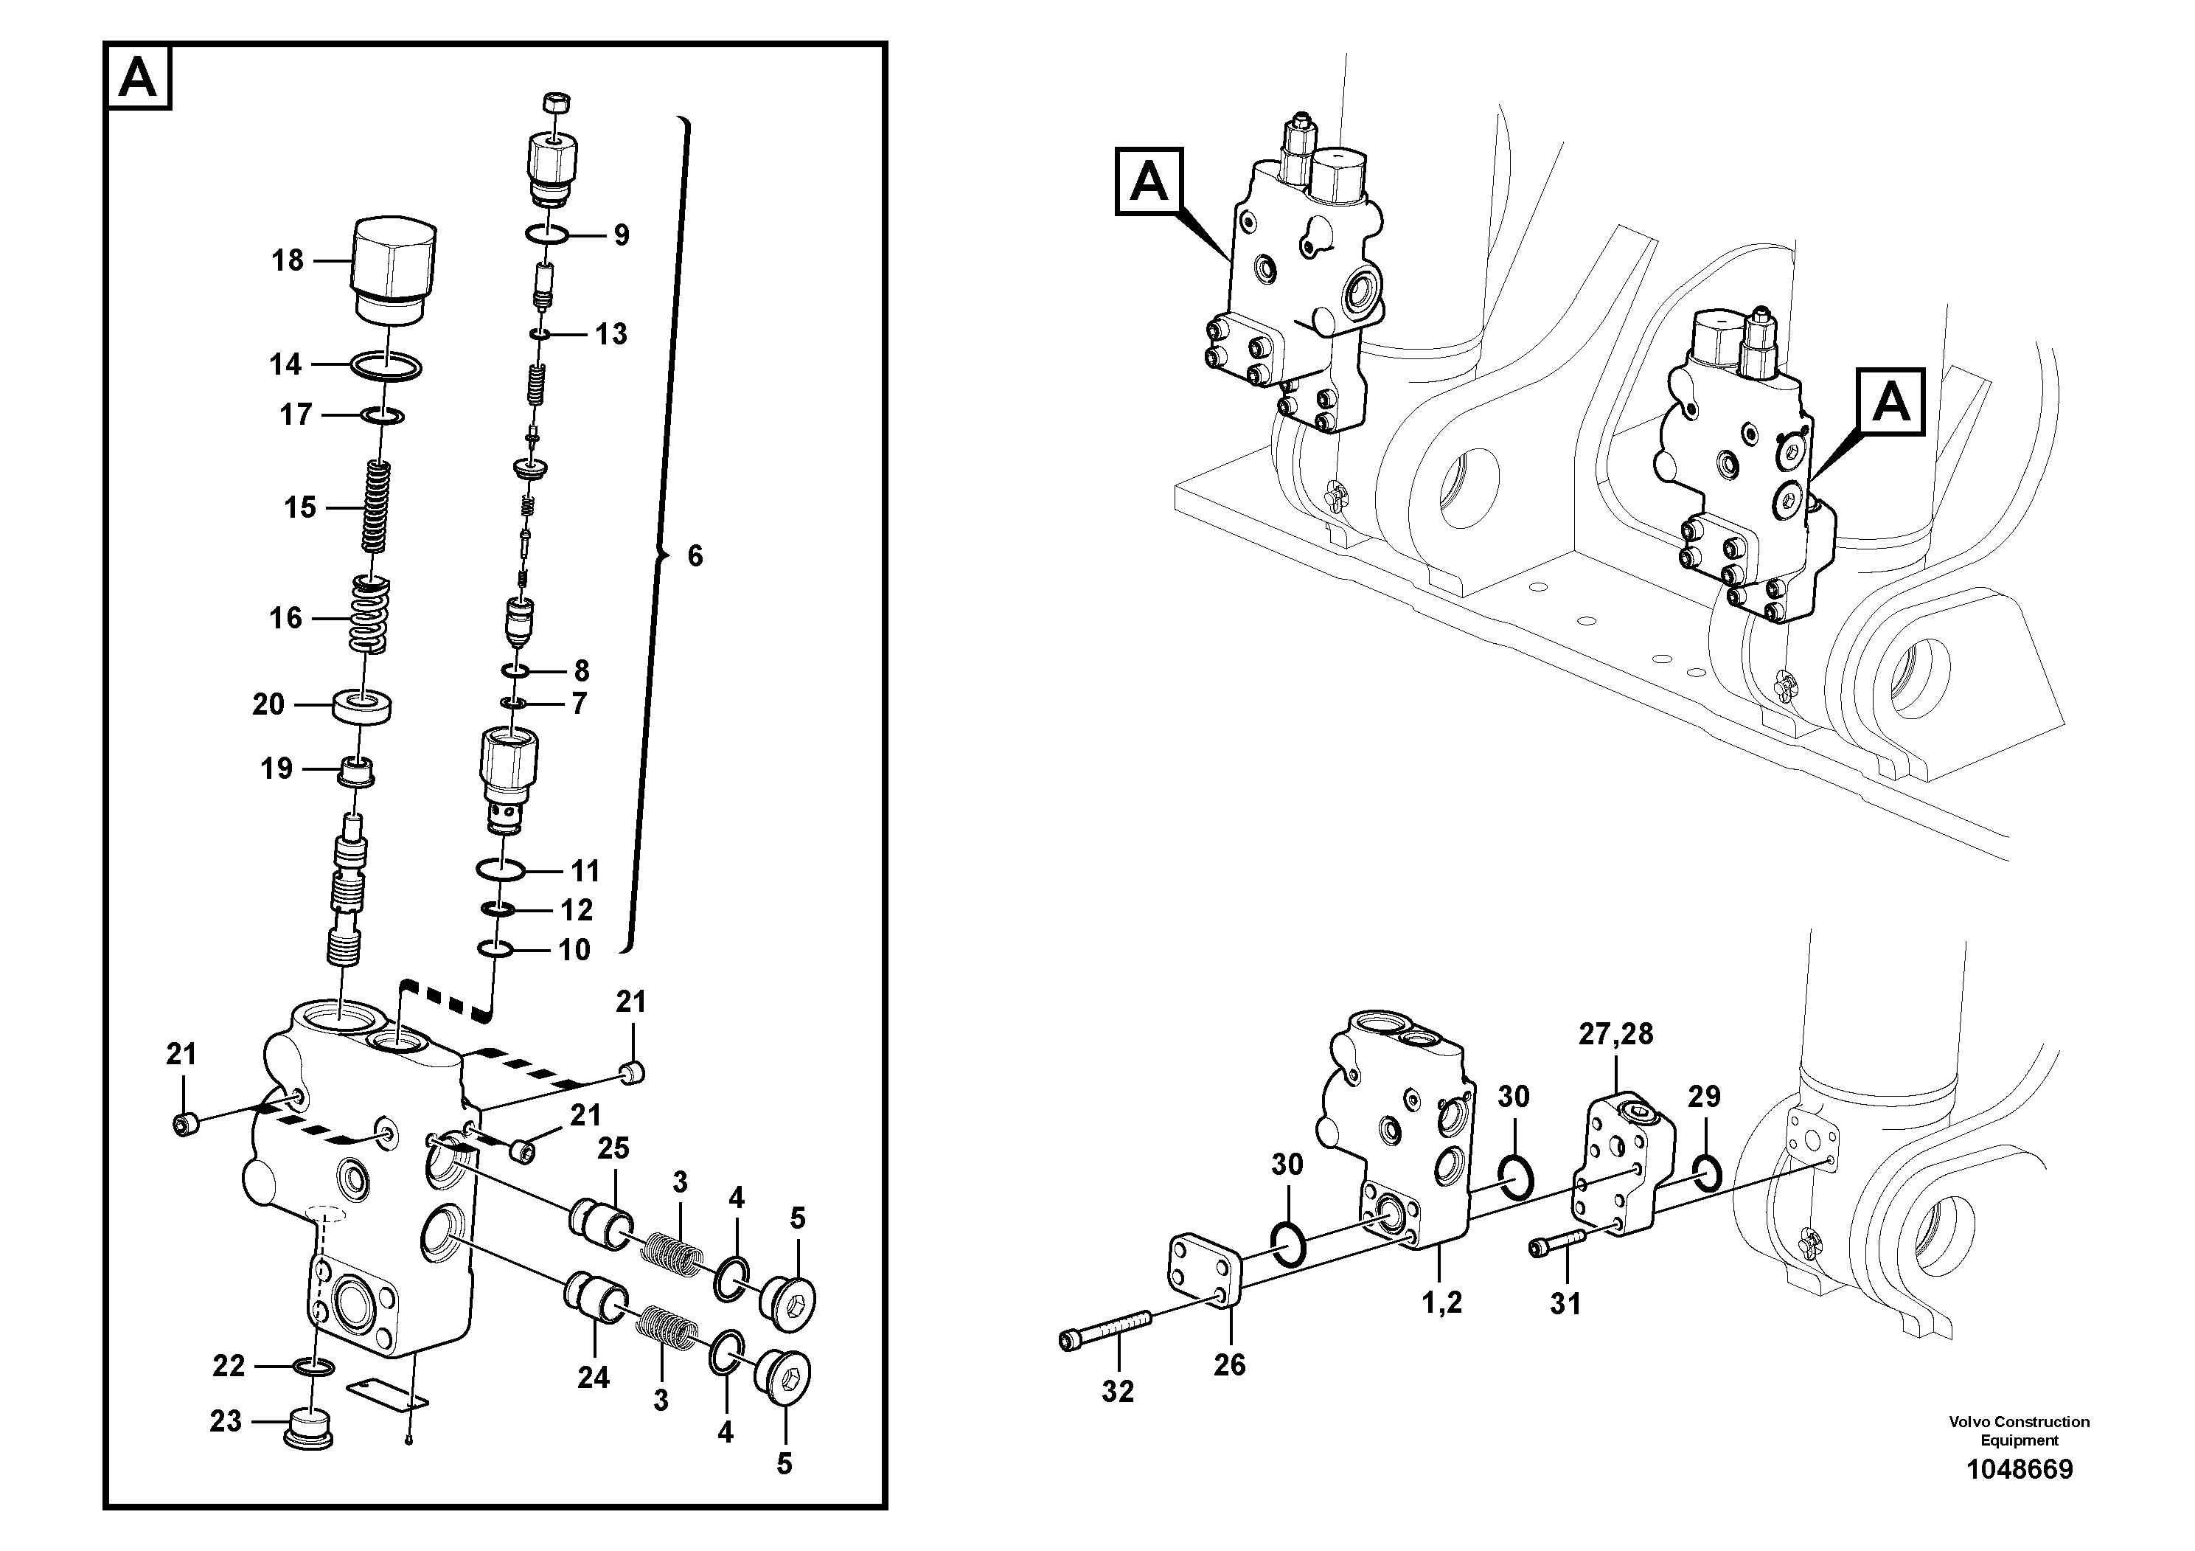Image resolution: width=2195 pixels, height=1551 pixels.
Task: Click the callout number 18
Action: [287, 260]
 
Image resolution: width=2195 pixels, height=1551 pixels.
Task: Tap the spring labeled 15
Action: [378, 507]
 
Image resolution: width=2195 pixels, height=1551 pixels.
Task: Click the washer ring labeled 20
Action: [361, 707]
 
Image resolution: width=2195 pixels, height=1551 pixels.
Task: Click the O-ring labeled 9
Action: [548, 235]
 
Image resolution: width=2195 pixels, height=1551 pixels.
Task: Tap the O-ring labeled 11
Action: [500, 870]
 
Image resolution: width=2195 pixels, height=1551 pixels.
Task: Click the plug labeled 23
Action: [309, 1424]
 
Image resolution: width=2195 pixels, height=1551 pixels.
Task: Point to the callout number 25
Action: [613, 1148]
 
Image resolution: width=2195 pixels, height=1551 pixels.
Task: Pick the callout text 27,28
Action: [1615, 1034]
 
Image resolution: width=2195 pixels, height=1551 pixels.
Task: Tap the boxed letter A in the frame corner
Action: [139, 77]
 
